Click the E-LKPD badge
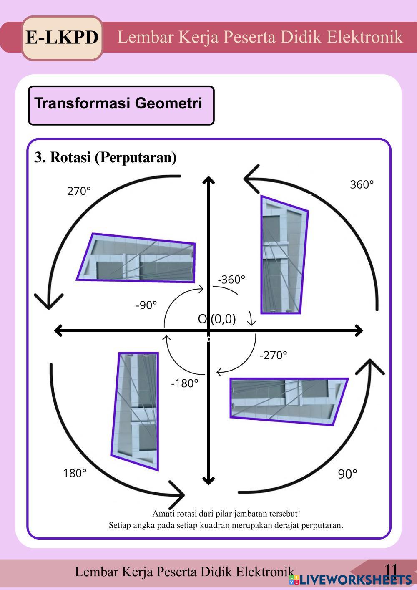(62, 38)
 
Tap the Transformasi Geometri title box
(121, 105)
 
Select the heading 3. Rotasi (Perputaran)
(105, 158)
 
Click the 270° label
(79, 191)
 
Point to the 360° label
(362, 184)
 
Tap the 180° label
(75, 473)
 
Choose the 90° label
(347, 474)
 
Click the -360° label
(231, 280)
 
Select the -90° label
(146, 305)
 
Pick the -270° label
(273, 355)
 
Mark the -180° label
(185, 383)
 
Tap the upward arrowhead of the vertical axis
(208, 180)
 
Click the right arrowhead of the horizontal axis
(359, 331)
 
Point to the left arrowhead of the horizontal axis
(59, 331)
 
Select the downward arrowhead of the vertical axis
(208, 481)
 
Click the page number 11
(391, 570)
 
